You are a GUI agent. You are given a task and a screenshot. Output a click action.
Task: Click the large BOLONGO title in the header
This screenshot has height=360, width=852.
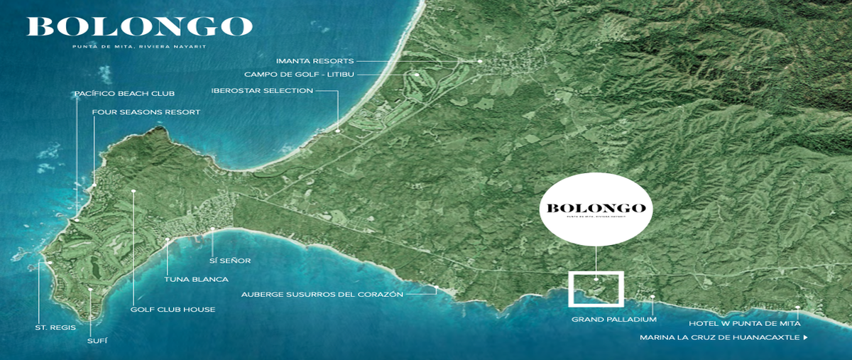140,27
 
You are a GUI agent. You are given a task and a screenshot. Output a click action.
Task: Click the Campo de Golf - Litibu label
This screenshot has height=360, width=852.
299,74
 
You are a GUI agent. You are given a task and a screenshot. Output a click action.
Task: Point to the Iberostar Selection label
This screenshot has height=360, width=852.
262,91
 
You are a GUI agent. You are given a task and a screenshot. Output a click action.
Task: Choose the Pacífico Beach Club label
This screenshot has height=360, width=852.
124,93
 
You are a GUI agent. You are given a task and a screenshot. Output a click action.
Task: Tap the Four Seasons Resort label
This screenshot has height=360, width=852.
146,112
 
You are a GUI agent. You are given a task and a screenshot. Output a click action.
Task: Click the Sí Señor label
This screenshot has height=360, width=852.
231,261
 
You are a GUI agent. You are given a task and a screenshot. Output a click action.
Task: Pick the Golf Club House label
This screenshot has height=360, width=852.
173,310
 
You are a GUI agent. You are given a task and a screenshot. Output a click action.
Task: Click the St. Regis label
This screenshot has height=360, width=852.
55,327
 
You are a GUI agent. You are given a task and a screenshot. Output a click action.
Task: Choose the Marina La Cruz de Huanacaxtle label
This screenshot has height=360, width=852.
719,337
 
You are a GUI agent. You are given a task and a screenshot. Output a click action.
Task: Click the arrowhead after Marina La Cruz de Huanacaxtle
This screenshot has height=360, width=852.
805,337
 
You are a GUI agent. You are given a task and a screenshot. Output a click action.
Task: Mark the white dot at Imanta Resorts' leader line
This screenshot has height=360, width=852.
481,62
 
